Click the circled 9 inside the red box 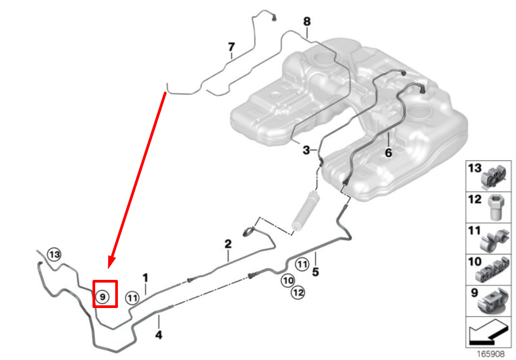(x=102, y=297)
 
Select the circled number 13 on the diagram (x=54, y=254)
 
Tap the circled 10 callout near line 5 (x=288, y=280)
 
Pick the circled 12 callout (x=298, y=292)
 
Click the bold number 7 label (x=231, y=47)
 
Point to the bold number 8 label (x=307, y=22)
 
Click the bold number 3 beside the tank (x=306, y=150)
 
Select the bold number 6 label (x=388, y=153)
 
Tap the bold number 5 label (x=315, y=272)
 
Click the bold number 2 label (x=228, y=244)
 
